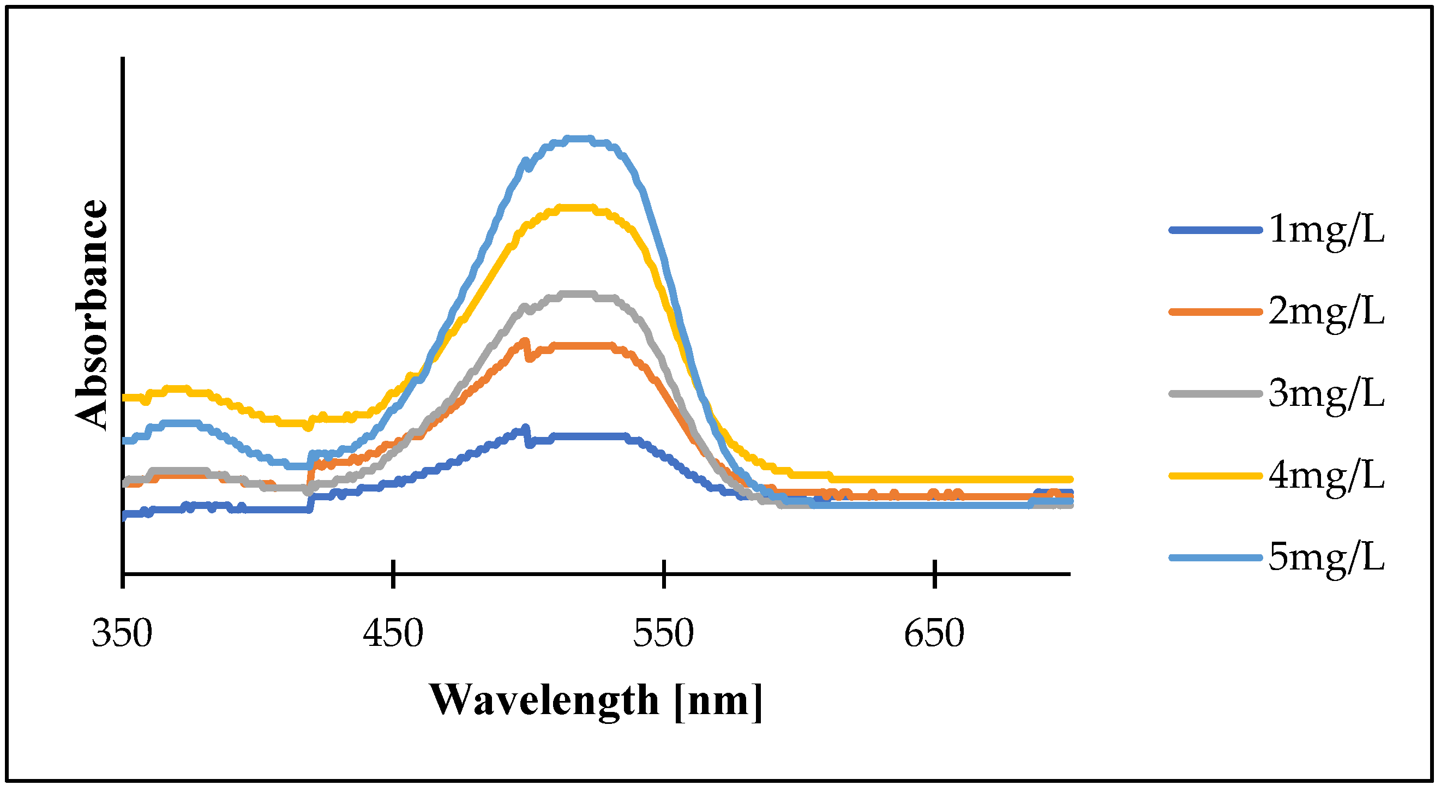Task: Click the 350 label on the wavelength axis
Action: pos(122,634)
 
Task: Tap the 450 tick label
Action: pos(393,634)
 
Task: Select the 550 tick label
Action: pos(663,634)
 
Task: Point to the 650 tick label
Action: pos(934,634)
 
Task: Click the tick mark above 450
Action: pos(394,574)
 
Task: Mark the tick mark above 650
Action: pos(935,574)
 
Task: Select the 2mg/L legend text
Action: pos(1326,312)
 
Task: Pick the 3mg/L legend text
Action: pos(1326,394)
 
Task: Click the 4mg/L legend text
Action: pos(1326,477)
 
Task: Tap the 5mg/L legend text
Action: pos(1326,558)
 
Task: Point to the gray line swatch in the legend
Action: pos(1215,394)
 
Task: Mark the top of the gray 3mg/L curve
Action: pos(576,293)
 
